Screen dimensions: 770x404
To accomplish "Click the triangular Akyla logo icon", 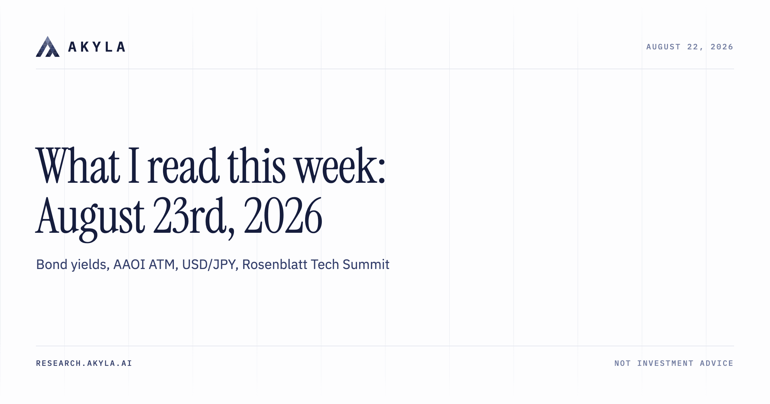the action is [x=48, y=46].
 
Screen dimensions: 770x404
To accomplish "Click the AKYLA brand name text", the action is [x=97, y=47].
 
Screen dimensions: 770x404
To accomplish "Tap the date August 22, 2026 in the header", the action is [x=690, y=47].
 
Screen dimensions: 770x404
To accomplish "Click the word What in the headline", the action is [x=78, y=165].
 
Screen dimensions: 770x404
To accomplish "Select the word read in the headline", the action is [x=183, y=165].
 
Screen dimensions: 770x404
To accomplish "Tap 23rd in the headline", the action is [x=193, y=215].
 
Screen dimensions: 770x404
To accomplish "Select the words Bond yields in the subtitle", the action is [x=73, y=265].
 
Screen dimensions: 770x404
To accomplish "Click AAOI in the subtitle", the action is [x=129, y=265].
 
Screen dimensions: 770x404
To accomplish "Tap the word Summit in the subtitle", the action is [x=366, y=265].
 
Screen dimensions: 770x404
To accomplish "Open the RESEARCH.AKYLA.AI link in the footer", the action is [x=84, y=363].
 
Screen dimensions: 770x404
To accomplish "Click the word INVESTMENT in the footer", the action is [x=665, y=363].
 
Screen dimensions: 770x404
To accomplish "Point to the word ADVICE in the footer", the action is [x=716, y=363].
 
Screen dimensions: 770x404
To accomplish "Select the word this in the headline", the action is [x=256, y=165].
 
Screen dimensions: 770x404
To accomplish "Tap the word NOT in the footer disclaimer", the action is [x=622, y=363].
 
